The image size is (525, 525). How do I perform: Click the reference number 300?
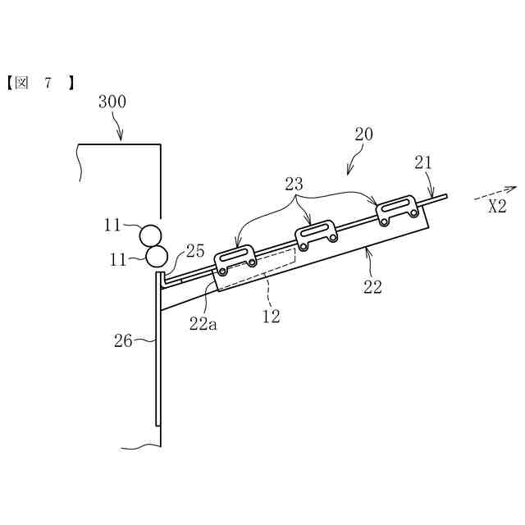(112, 103)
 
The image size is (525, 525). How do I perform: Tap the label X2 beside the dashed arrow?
(497, 206)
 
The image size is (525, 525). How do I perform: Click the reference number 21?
(423, 163)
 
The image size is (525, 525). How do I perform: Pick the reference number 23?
(295, 185)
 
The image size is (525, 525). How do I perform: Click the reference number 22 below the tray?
(372, 287)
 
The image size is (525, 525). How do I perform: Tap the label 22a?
(203, 323)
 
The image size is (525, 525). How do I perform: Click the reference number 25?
(194, 250)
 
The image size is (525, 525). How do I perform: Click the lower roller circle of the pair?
(156, 256)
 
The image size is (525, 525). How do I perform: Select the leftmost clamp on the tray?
(236, 258)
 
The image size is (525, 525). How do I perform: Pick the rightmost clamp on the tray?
(398, 208)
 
